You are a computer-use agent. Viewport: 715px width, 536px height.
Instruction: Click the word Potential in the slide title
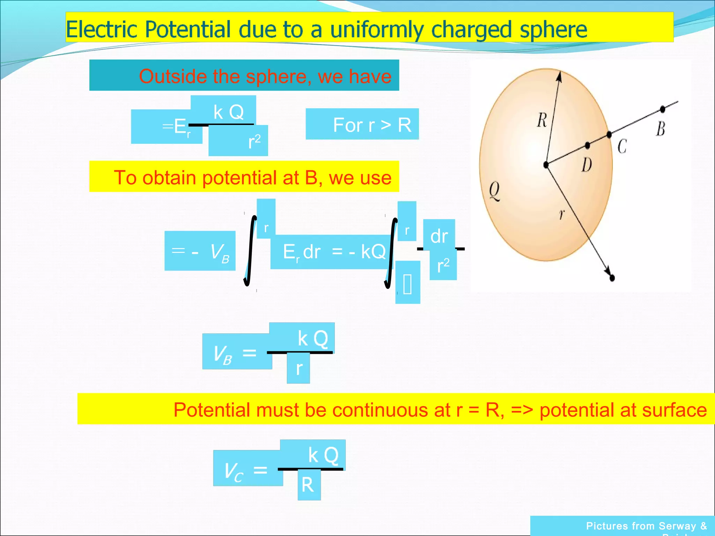pos(187,29)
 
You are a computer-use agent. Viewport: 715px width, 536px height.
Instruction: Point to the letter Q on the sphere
pos(494,191)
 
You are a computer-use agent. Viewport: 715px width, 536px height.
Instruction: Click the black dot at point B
pos(663,109)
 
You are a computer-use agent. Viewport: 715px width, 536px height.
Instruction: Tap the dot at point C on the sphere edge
pos(609,134)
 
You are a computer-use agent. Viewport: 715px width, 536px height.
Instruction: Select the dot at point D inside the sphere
pos(587,145)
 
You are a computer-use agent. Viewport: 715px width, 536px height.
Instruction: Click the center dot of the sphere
pos(546,165)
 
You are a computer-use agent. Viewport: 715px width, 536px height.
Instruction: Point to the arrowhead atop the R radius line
pos(559,76)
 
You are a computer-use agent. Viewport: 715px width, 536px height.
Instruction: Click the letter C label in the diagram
pos(622,146)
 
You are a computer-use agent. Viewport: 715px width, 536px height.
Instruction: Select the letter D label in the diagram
pos(587,165)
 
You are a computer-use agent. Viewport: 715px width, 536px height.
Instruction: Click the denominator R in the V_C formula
pos(308,485)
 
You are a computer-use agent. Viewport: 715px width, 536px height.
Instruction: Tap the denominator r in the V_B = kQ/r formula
pos(299,368)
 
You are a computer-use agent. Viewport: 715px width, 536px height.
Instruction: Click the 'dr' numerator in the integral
pos(439,236)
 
